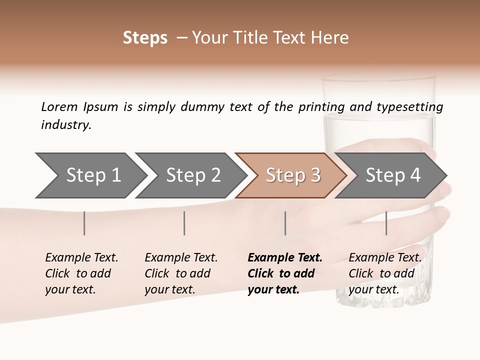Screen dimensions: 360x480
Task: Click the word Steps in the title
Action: point(145,38)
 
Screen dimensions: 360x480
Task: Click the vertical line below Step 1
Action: point(84,223)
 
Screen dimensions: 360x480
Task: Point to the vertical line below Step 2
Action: point(184,223)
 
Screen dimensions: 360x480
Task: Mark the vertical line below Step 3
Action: point(285,223)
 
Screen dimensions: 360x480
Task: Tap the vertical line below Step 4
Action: point(386,223)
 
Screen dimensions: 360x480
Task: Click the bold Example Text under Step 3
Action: point(285,258)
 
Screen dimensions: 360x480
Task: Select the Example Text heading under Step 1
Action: point(81,258)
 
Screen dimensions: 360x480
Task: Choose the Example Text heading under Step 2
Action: point(181,258)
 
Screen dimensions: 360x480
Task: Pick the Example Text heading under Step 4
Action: point(385,258)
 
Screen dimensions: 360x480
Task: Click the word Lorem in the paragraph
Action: point(59,106)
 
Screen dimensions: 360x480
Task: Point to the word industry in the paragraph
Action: point(66,125)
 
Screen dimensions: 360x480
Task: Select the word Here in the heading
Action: point(331,38)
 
